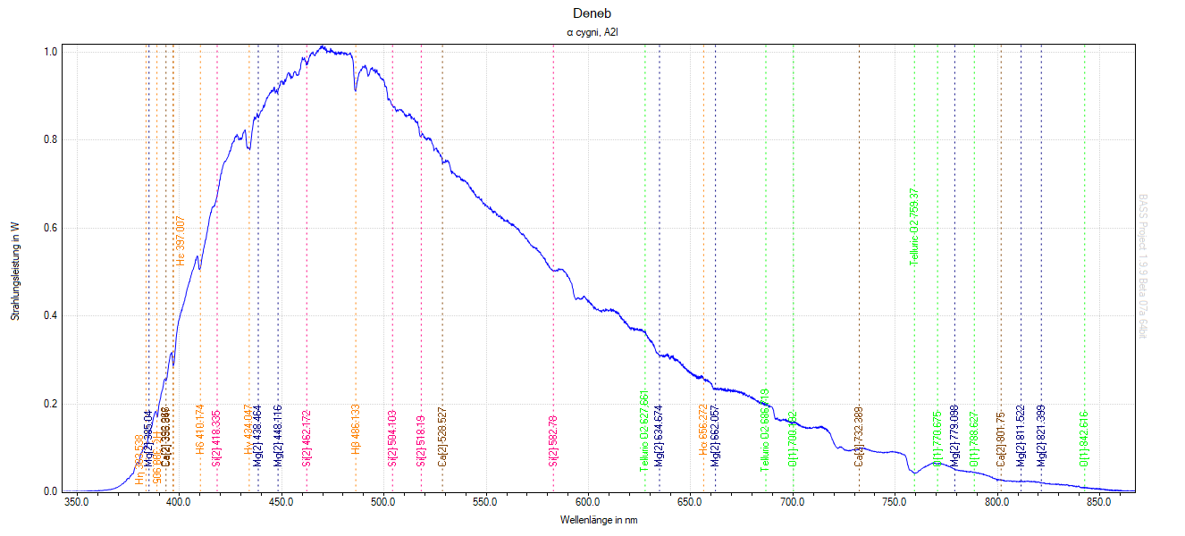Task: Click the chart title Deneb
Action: [x=592, y=13]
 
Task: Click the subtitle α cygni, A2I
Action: [x=592, y=33]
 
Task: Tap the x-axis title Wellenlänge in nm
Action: [x=599, y=520]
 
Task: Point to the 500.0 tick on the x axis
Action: [x=383, y=503]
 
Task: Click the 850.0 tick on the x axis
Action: [x=1099, y=503]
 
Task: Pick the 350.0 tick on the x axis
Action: [x=77, y=503]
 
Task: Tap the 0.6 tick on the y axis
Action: [x=51, y=228]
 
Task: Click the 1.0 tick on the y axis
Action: [x=51, y=52]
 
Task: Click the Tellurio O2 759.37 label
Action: [x=914, y=227]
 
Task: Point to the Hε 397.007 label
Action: [x=181, y=241]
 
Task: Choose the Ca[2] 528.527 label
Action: [x=442, y=438]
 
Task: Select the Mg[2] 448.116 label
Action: [x=278, y=438]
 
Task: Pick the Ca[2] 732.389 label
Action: [x=859, y=438]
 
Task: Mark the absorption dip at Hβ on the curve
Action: [x=356, y=89]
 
